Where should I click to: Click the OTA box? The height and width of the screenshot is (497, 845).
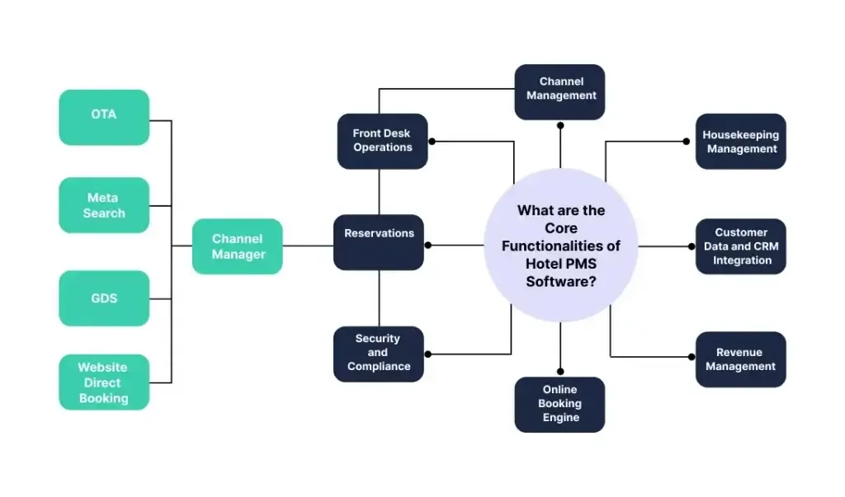pos(104,117)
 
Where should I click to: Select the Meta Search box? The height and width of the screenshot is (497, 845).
pos(104,205)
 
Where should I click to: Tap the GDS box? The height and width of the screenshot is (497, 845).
pos(104,298)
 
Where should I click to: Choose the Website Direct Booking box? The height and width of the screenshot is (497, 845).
pos(104,382)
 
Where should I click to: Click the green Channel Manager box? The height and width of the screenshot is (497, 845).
pos(237,246)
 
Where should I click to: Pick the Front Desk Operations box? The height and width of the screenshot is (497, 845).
pos(383,141)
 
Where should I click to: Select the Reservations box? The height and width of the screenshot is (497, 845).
pos(379,242)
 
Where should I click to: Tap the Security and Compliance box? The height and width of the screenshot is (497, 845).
pos(379,354)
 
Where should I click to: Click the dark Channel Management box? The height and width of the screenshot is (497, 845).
pos(560,92)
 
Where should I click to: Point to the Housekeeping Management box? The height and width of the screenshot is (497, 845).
pos(741,141)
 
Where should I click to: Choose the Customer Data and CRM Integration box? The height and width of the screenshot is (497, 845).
pos(741,246)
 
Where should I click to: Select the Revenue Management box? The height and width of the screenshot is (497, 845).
pos(741,359)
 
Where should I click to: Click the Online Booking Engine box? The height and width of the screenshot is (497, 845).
pos(560,405)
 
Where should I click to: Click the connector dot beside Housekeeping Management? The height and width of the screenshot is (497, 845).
pos(686,142)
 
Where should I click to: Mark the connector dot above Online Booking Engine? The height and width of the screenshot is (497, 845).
pos(560,372)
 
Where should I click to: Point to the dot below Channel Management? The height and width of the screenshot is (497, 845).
pos(560,125)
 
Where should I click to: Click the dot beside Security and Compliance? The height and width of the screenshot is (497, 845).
pos(428,354)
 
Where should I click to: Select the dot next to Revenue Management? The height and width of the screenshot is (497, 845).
pos(692,356)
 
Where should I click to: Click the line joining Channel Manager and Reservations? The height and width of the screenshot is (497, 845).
pos(309,246)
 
